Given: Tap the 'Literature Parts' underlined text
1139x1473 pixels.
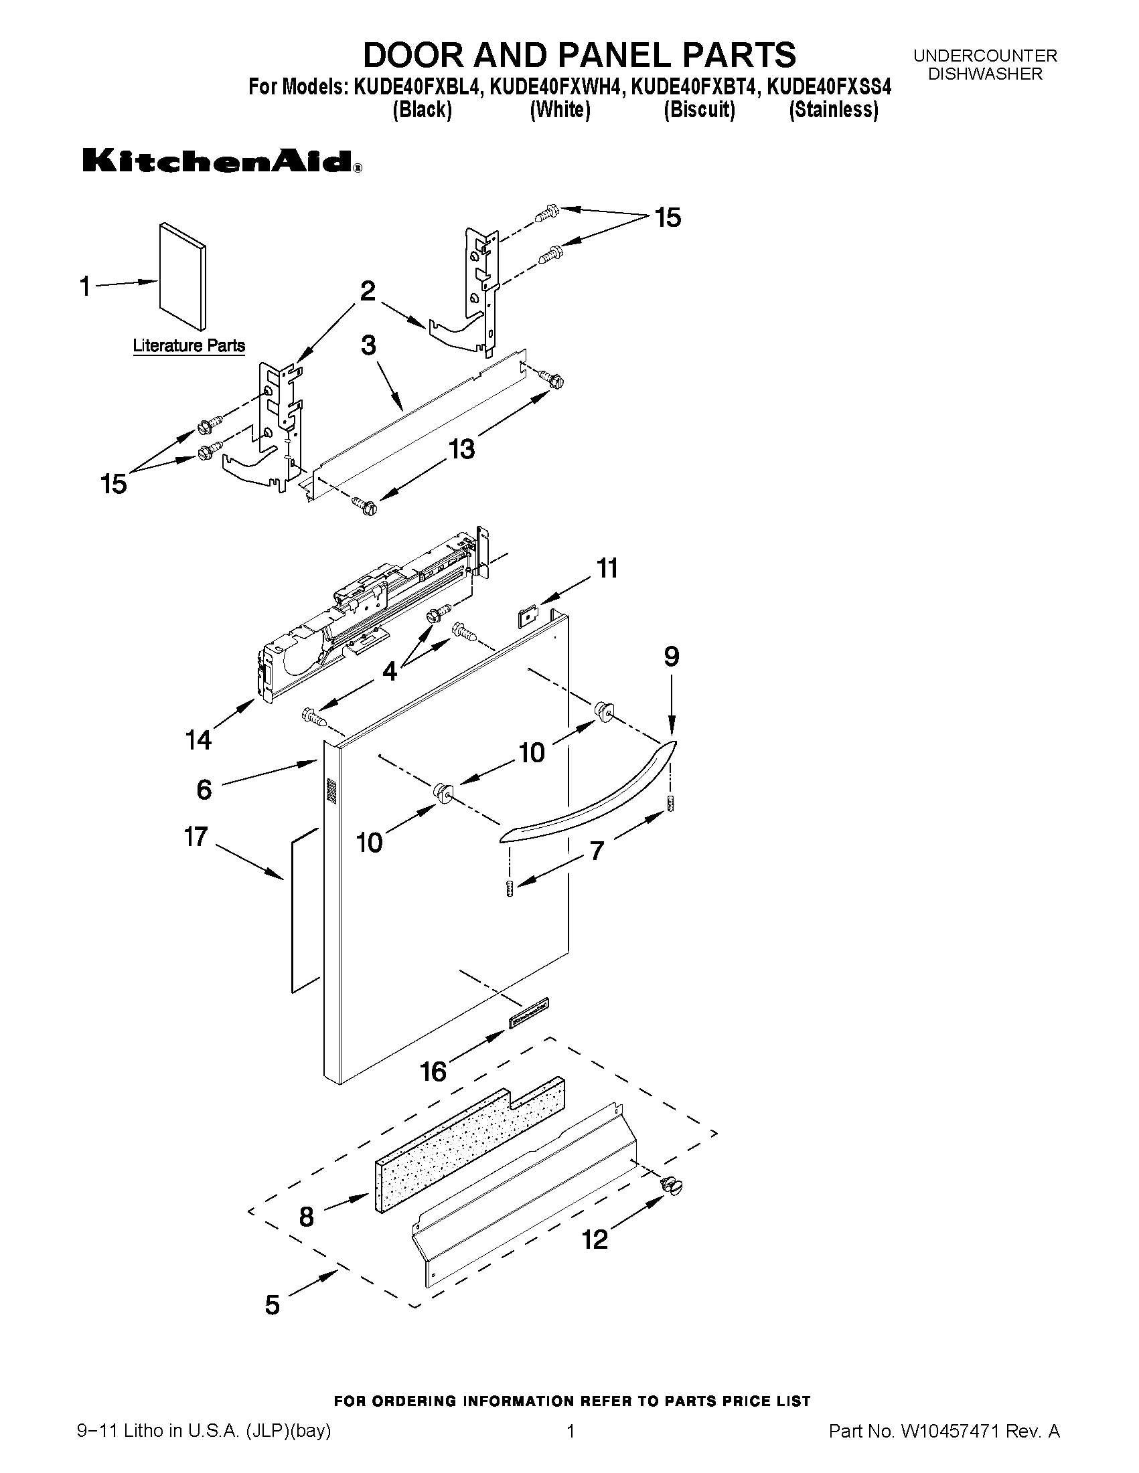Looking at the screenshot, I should (189, 346).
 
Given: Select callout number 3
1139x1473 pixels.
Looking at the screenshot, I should (368, 345).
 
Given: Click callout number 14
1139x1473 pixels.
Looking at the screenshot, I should (198, 740).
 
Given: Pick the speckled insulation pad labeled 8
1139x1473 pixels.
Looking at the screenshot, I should (469, 1144).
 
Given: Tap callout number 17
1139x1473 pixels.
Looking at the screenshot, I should (196, 837).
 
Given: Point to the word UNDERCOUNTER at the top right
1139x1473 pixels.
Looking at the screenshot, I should (985, 56).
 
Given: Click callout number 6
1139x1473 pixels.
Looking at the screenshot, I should (204, 789).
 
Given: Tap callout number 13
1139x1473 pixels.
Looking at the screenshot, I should (462, 448).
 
